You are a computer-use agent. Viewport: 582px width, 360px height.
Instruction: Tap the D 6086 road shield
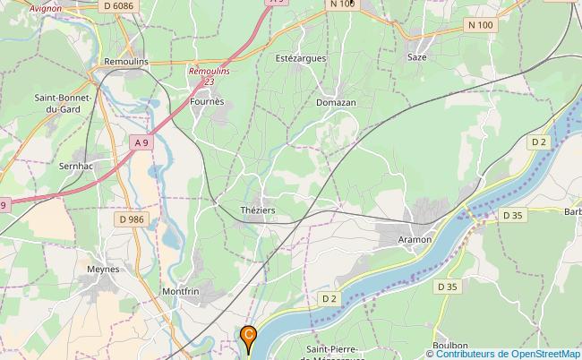[x=117, y=6]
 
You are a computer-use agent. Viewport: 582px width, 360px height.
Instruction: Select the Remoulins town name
[x=126, y=61]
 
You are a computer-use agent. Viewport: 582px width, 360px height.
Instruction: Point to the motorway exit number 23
[x=209, y=81]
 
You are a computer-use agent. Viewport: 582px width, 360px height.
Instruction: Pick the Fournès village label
[x=207, y=103]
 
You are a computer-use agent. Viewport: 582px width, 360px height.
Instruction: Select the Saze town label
[x=417, y=56]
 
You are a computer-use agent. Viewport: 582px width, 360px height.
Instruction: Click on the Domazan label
[x=336, y=103]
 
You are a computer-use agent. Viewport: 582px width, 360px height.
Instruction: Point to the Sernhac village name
[x=76, y=167]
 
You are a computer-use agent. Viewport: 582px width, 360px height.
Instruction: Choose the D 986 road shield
[x=130, y=219]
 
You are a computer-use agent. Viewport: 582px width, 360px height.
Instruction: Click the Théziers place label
[x=258, y=210]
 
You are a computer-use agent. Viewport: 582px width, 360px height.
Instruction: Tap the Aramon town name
[x=415, y=239]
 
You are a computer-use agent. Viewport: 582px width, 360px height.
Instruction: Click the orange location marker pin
[x=249, y=339]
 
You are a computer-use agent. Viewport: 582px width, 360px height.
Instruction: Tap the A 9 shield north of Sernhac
[x=141, y=142]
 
